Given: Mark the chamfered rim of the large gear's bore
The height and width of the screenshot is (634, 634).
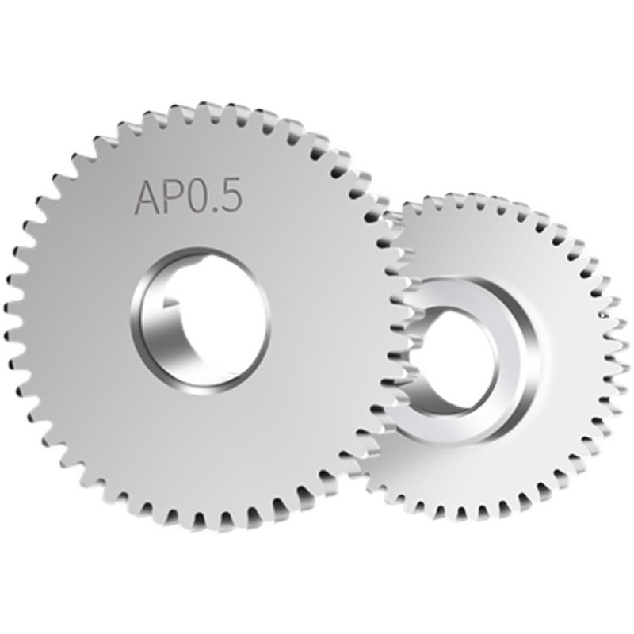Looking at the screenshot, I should pos(262,333).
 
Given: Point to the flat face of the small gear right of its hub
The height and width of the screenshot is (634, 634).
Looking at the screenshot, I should pos(571,357).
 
